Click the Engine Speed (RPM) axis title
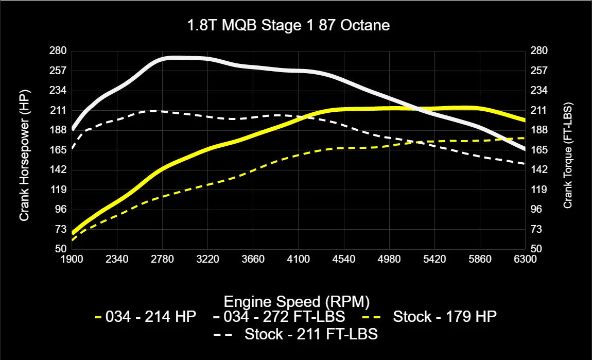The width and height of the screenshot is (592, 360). click(x=297, y=301)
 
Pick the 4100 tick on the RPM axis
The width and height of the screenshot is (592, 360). click(x=298, y=260)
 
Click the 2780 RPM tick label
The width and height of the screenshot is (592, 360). click(x=162, y=260)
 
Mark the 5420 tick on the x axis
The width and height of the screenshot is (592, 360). click(x=434, y=260)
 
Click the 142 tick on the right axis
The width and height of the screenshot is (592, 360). click(x=538, y=169)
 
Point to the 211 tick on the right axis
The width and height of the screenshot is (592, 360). click(x=538, y=110)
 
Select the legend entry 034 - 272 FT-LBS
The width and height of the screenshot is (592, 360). click(x=275, y=317)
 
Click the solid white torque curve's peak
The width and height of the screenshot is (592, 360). click(x=175, y=58)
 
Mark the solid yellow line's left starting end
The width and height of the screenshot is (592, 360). click(x=73, y=233)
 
